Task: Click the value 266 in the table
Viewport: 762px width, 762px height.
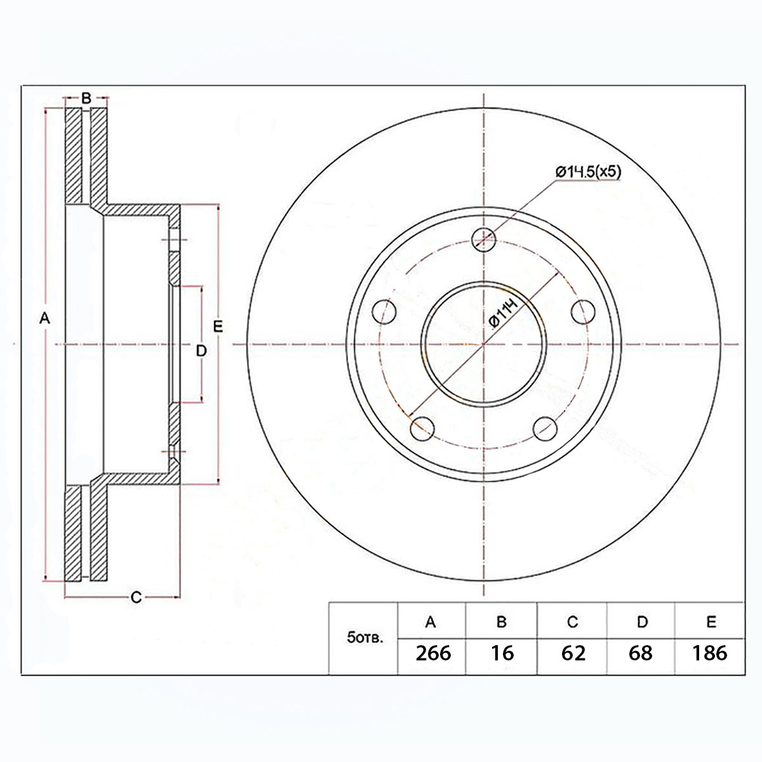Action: (x=433, y=653)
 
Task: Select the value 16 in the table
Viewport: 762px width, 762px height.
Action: (x=502, y=653)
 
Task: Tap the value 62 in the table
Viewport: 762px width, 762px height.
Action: (x=573, y=653)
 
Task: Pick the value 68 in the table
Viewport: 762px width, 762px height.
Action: (x=640, y=653)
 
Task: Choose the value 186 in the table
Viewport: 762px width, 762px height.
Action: (x=709, y=653)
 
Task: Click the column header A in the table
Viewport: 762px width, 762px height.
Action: (x=431, y=622)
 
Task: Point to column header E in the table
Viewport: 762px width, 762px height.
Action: (x=711, y=622)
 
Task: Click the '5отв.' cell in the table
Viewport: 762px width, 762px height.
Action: (x=365, y=638)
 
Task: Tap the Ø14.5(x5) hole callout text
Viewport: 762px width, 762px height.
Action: (x=589, y=172)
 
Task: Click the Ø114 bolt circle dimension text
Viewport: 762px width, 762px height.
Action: (x=504, y=314)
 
